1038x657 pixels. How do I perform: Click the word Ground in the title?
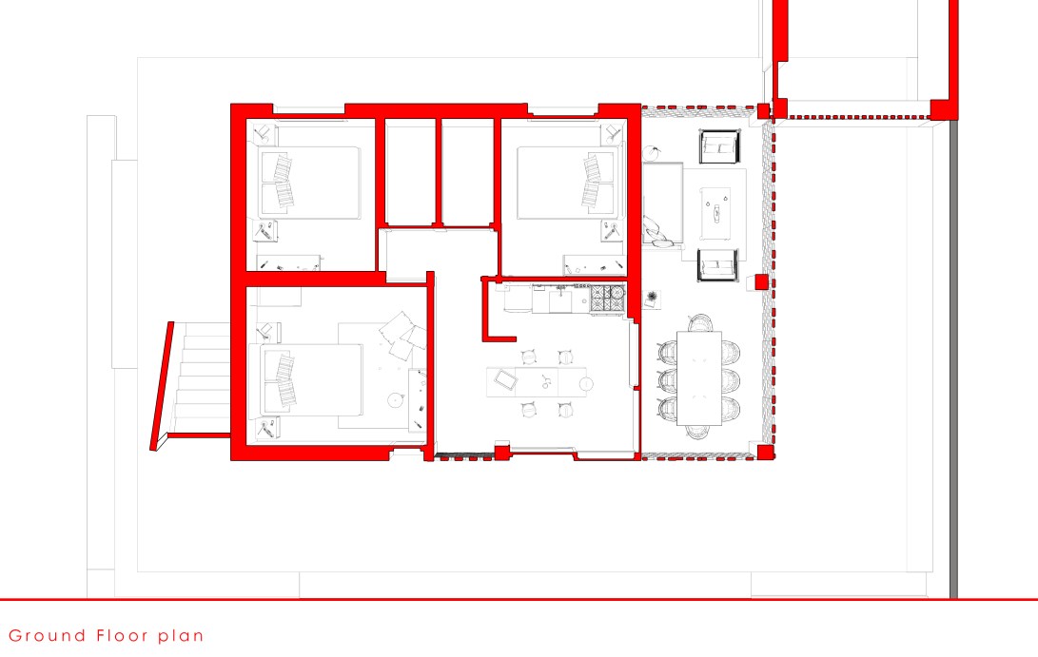(x=47, y=636)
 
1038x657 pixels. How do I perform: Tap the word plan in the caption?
(x=180, y=636)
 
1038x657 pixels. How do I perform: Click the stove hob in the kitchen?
(x=608, y=299)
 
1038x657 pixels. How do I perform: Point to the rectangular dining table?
(x=699, y=377)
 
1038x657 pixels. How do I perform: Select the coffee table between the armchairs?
(x=715, y=214)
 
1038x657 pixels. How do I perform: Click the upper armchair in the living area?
(x=719, y=146)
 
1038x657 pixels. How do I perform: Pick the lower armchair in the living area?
(x=718, y=265)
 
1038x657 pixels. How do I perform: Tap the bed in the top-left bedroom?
(x=310, y=184)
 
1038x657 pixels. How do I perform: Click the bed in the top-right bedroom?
(x=567, y=183)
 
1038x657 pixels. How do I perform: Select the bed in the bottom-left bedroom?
(x=312, y=379)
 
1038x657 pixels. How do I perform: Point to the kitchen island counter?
(x=537, y=382)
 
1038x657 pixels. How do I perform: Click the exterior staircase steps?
(x=202, y=377)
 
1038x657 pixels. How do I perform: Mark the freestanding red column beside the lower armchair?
(x=761, y=282)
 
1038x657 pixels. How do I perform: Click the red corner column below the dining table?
(x=765, y=453)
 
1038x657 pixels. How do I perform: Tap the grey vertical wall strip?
(x=953, y=360)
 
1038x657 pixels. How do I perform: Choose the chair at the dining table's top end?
(x=699, y=322)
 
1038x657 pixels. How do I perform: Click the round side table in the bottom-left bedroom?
(x=396, y=399)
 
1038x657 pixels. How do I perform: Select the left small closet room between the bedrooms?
(x=410, y=172)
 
